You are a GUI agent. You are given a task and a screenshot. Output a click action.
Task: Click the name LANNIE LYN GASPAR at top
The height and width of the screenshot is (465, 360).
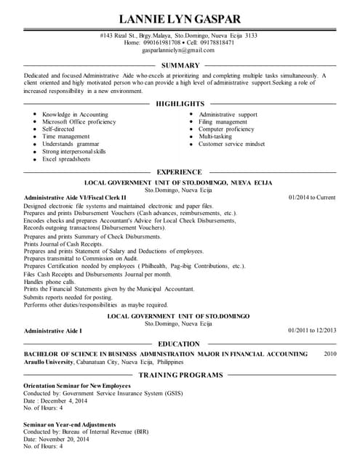[x=179, y=18]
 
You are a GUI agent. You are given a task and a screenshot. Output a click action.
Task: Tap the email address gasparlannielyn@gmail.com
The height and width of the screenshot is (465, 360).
[x=179, y=50]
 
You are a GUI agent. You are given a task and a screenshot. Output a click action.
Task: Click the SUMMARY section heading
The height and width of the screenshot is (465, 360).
[x=180, y=66]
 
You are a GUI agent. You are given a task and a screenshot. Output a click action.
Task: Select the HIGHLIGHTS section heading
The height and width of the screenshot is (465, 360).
[x=180, y=104]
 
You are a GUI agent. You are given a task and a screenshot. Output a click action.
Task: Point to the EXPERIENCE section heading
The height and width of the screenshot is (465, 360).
[x=180, y=172]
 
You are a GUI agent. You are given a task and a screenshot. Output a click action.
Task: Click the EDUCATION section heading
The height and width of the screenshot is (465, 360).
[x=179, y=344]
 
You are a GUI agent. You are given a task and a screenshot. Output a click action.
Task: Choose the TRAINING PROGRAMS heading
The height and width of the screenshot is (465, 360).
[x=180, y=375]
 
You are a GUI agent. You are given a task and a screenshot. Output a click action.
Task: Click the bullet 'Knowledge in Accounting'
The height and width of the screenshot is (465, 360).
[x=75, y=115]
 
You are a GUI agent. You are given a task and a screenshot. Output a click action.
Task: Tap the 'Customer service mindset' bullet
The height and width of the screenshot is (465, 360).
[x=232, y=144]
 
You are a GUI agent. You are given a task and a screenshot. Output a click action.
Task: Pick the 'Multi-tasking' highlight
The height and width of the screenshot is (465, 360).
[x=215, y=137]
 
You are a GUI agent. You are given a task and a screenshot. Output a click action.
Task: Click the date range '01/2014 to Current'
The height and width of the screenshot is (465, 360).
[x=312, y=198]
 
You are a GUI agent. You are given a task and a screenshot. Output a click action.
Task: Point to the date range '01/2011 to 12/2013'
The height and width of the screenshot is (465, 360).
[x=312, y=331]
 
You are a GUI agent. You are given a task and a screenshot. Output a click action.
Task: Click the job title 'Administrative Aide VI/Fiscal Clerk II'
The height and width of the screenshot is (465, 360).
[x=75, y=198]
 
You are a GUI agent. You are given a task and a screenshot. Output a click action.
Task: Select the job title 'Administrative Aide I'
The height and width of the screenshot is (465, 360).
[x=53, y=331]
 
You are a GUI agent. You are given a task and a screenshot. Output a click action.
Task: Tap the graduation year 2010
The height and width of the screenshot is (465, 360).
[x=330, y=354]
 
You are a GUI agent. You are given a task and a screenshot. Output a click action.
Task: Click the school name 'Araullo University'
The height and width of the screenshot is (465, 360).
[x=49, y=362]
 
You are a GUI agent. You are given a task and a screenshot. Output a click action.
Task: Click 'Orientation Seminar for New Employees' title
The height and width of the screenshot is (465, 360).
[x=77, y=385]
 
